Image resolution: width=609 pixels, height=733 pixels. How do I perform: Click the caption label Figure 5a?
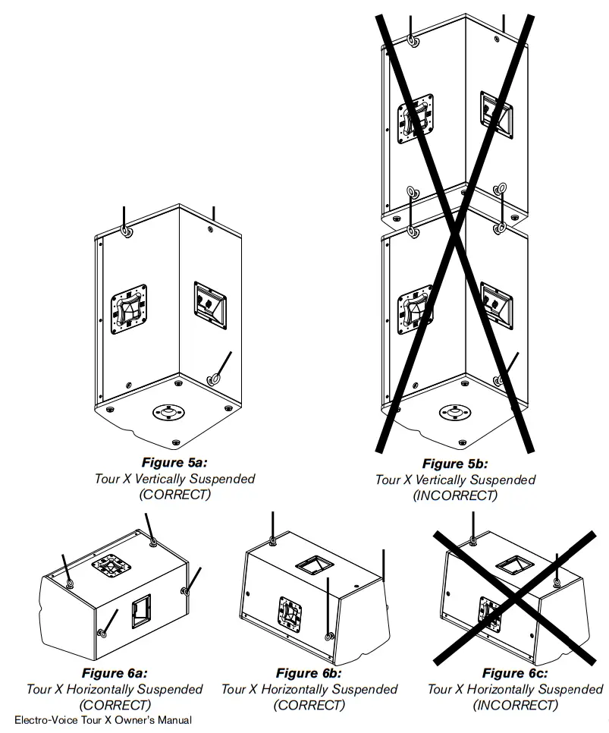coord(175,461)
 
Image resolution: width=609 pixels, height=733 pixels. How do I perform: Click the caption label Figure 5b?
coord(455,463)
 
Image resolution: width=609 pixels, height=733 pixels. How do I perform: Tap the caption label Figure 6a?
coord(115,672)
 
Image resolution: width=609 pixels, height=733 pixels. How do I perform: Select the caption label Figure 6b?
coord(309,672)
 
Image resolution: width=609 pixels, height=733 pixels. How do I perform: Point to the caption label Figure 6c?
coord(515,672)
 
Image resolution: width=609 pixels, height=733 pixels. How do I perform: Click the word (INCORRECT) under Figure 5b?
coord(455,495)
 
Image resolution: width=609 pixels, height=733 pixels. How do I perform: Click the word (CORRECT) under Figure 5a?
coord(175,494)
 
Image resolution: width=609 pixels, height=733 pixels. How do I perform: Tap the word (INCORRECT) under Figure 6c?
coord(515,705)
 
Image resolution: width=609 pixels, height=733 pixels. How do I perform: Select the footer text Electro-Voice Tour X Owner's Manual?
coord(103,720)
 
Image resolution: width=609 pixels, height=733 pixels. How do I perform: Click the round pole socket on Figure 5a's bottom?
coord(168,413)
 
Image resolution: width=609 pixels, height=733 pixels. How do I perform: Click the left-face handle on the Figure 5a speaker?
coord(128,309)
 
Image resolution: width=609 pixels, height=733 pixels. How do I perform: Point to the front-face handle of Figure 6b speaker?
coord(292,612)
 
